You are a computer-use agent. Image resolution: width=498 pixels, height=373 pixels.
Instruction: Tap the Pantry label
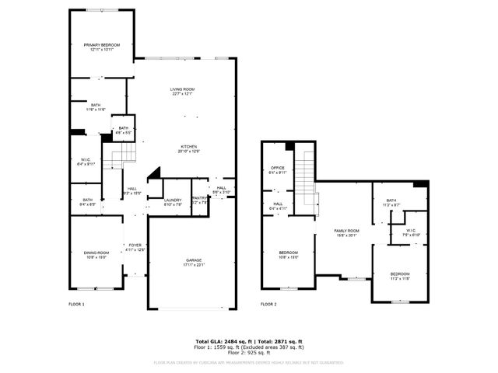pyautogui.click(x=200, y=200)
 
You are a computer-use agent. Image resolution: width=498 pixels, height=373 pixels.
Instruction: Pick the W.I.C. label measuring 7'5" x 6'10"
pyautogui.click(x=410, y=233)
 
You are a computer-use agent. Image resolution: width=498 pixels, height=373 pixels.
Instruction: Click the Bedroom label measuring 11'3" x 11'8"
pyautogui.click(x=400, y=276)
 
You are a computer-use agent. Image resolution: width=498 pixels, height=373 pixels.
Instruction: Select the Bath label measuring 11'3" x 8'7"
pyautogui.click(x=391, y=202)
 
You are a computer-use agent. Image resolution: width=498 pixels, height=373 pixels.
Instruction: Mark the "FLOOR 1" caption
pyautogui.click(x=77, y=304)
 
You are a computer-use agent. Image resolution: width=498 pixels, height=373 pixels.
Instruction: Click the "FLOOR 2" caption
pyautogui.click(x=268, y=304)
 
